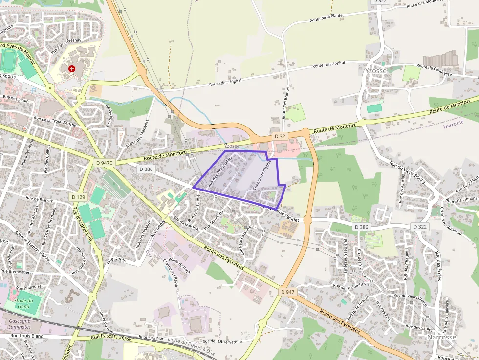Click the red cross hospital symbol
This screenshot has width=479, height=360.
72,69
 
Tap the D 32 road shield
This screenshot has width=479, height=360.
280,136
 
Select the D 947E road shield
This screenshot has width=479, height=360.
104,162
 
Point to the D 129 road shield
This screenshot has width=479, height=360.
78,197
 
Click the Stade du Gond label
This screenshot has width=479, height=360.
23,303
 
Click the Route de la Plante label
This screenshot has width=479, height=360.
326,18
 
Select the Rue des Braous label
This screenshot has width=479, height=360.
285,103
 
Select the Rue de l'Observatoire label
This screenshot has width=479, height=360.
222,342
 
